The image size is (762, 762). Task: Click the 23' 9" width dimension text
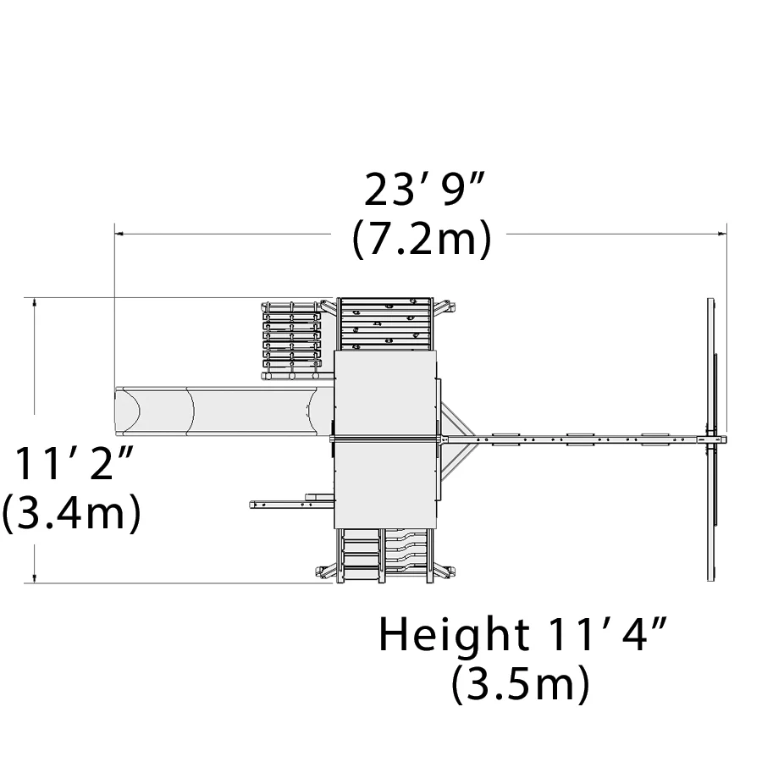(x=424, y=190)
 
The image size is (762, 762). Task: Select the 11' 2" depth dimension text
(x=74, y=463)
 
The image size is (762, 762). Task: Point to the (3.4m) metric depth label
(x=71, y=512)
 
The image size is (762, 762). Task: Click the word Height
(x=454, y=634)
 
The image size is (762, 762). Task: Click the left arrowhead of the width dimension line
(x=119, y=234)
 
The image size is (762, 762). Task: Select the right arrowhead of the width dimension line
(x=723, y=234)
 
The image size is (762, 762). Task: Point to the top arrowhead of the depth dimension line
(x=34, y=301)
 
